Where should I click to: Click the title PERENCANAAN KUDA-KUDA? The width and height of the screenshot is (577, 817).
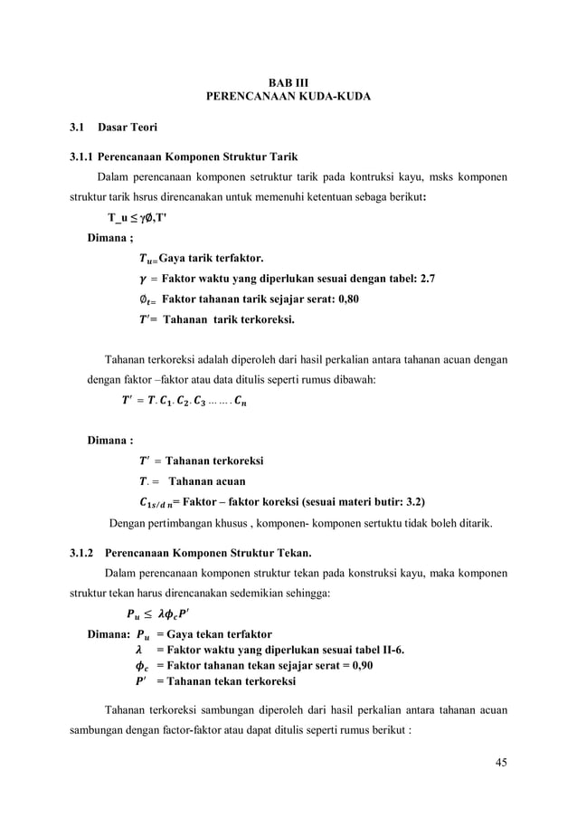[x=288, y=96]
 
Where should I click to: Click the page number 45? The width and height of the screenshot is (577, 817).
[x=500, y=761]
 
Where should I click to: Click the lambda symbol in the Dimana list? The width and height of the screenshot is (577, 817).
[x=138, y=650]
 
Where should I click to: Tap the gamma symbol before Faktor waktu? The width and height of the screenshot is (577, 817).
[x=137, y=279]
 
